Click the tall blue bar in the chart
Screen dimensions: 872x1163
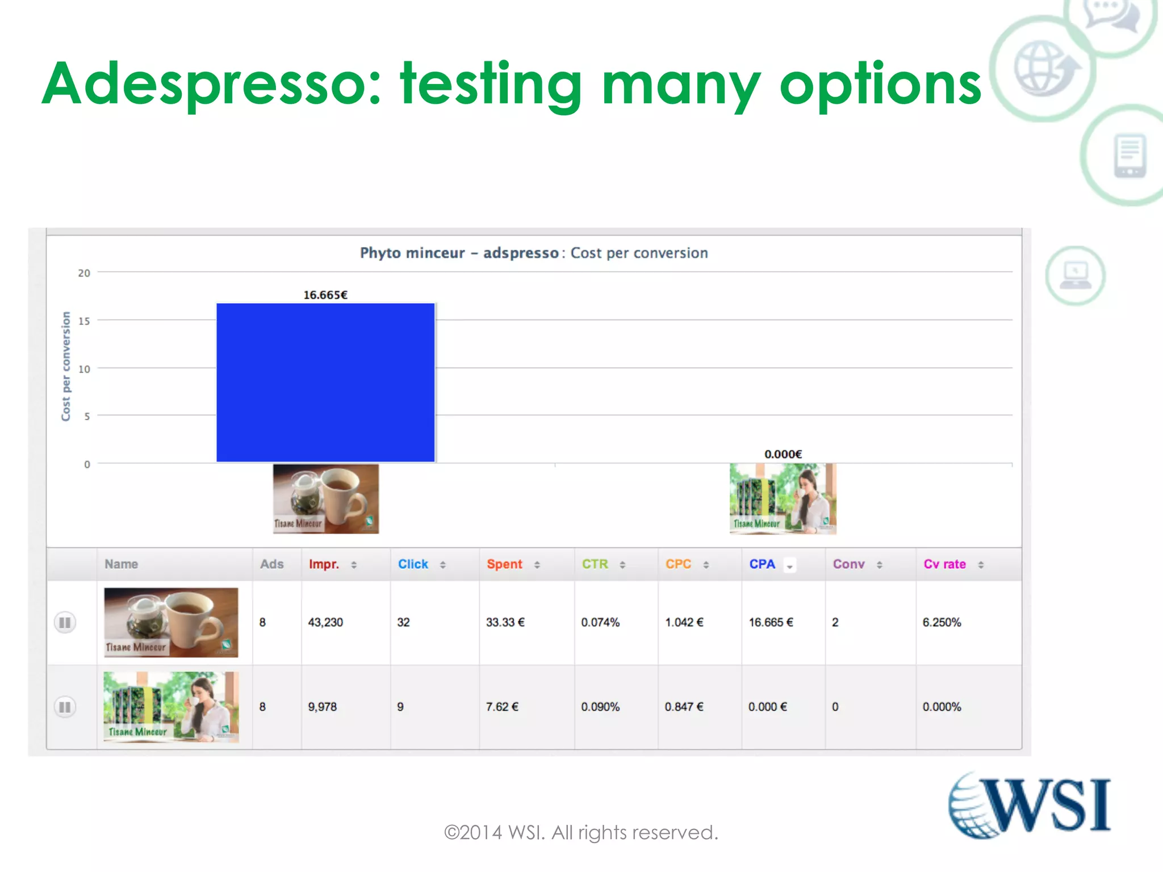click(x=325, y=382)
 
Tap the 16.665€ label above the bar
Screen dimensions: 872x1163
click(x=325, y=295)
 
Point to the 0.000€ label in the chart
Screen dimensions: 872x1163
click(x=783, y=454)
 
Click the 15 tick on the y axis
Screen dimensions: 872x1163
click(x=84, y=321)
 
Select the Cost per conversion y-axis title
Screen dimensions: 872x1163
click(x=66, y=366)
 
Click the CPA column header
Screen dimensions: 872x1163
click(x=762, y=564)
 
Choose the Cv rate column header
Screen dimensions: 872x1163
click(x=944, y=564)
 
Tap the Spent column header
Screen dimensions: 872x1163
click(x=504, y=564)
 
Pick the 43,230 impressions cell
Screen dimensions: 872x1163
click(x=325, y=622)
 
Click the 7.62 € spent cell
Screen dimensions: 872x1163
click(x=502, y=707)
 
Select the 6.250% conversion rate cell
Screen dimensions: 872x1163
click(x=942, y=622)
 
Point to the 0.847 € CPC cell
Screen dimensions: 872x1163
click(x=684, y=707)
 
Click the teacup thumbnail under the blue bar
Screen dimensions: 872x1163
click(x=325, y=498)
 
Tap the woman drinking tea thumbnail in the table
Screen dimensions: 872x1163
click(x=171, y=707)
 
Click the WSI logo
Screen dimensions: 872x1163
click(x=1029, y=805)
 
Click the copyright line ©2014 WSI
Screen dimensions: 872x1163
click(x=581, y=832)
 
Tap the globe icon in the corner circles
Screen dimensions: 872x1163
click(x=1044, y=68)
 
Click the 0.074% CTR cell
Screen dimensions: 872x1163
click(x=600, y=622)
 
